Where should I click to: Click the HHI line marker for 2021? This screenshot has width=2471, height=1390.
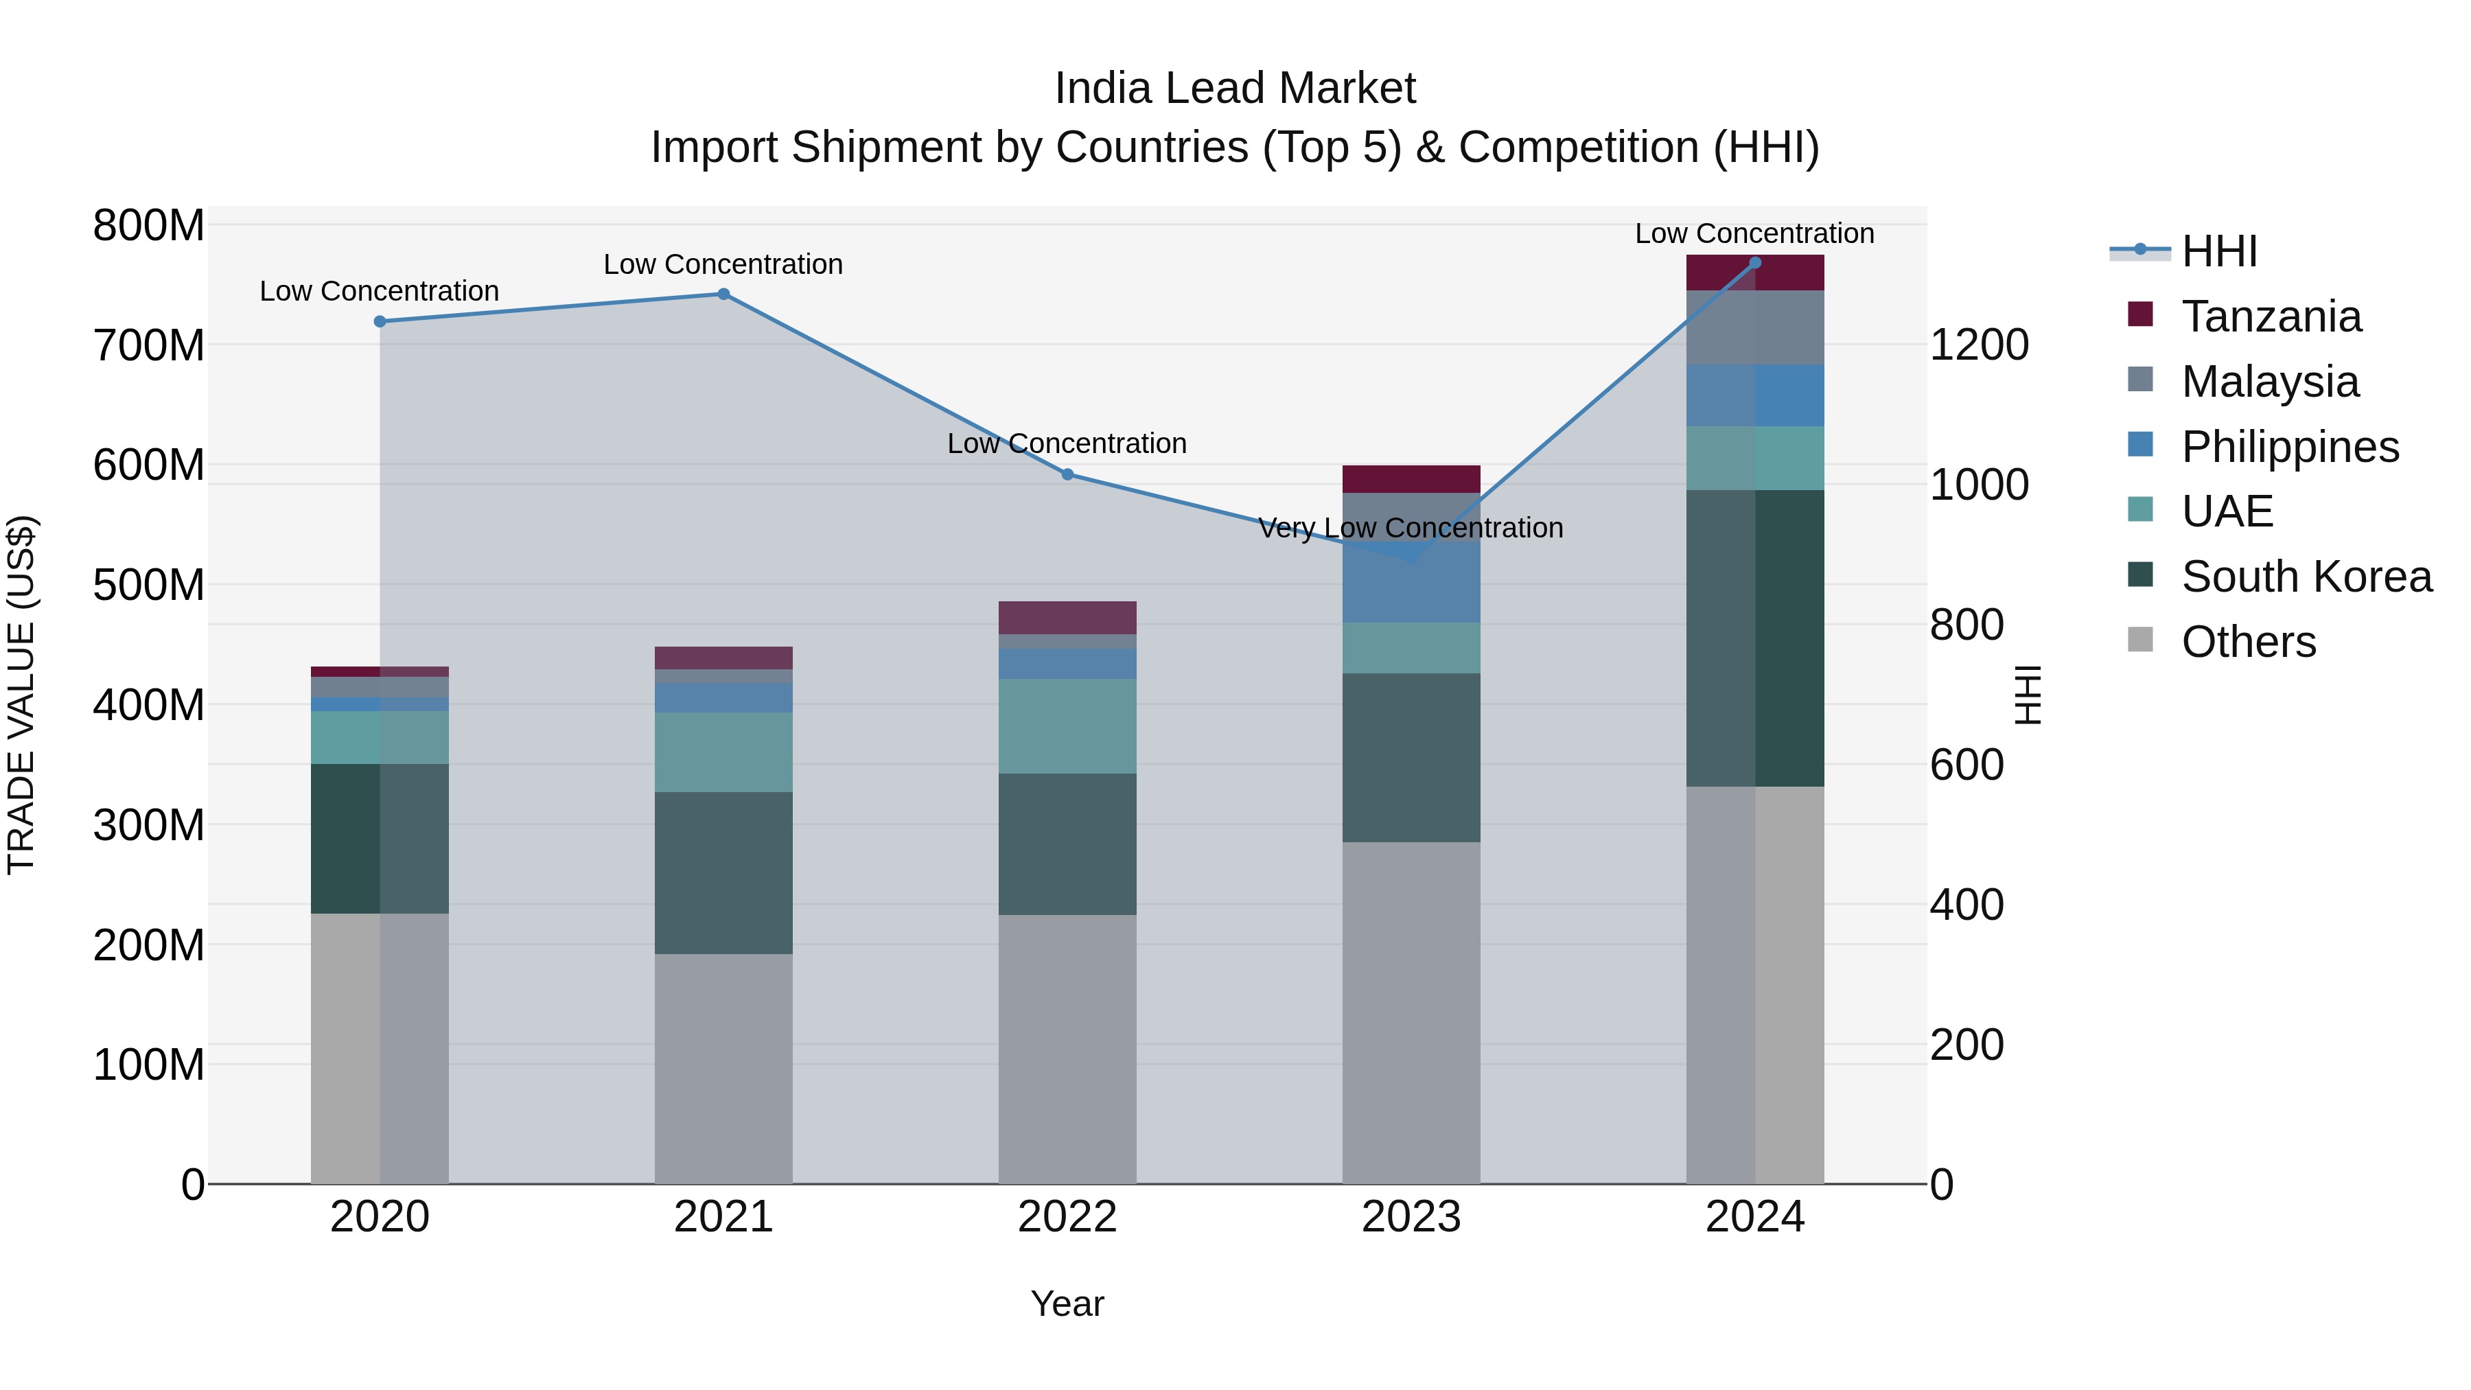point(723,294)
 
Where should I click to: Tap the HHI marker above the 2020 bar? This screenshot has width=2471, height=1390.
point(380,321)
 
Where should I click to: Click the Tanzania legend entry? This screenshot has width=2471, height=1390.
point(2271,316)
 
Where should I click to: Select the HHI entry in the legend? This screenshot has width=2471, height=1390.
point(2218,251)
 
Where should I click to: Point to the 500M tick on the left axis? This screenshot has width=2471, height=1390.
point(149,585)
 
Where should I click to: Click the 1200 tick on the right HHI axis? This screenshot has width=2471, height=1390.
point(1978,345)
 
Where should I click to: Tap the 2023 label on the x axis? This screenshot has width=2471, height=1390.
point(1411,1217)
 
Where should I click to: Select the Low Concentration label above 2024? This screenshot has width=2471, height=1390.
point(1754,233)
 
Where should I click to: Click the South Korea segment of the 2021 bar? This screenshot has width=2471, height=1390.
point(723,873)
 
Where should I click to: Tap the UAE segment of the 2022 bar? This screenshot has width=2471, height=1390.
point(1067,726)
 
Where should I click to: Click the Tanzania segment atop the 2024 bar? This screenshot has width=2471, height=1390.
point(1754,273)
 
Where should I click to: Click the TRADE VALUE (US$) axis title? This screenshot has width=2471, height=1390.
point(21,695)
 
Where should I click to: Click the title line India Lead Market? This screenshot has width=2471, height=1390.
point(1235,89)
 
